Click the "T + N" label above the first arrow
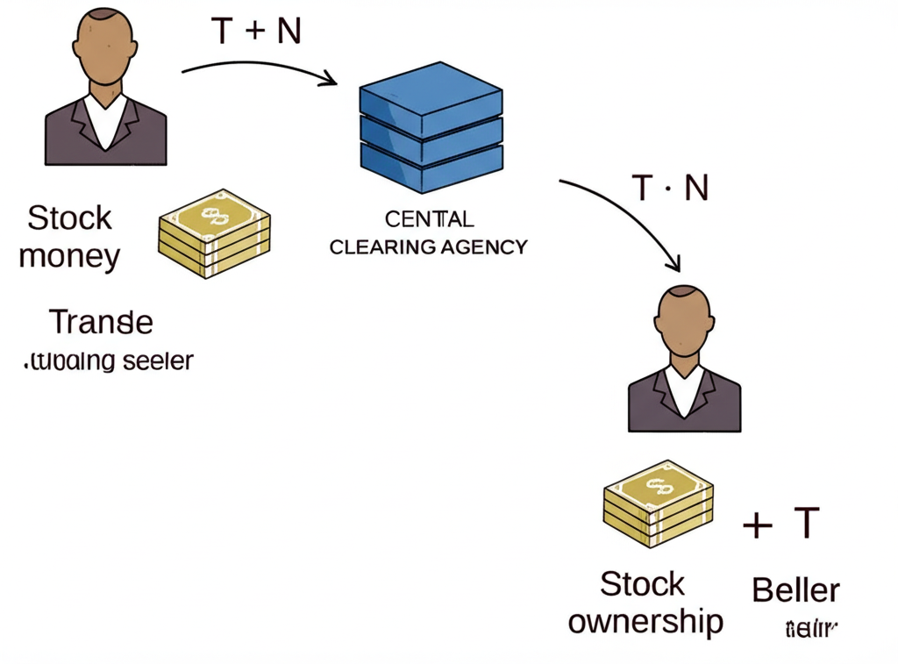256,32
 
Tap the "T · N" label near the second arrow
670,188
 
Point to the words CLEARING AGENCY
429,246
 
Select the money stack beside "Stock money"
215,233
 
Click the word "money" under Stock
69,257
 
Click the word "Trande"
101,322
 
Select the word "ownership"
645,621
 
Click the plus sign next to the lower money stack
757,525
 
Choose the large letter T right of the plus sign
805,524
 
